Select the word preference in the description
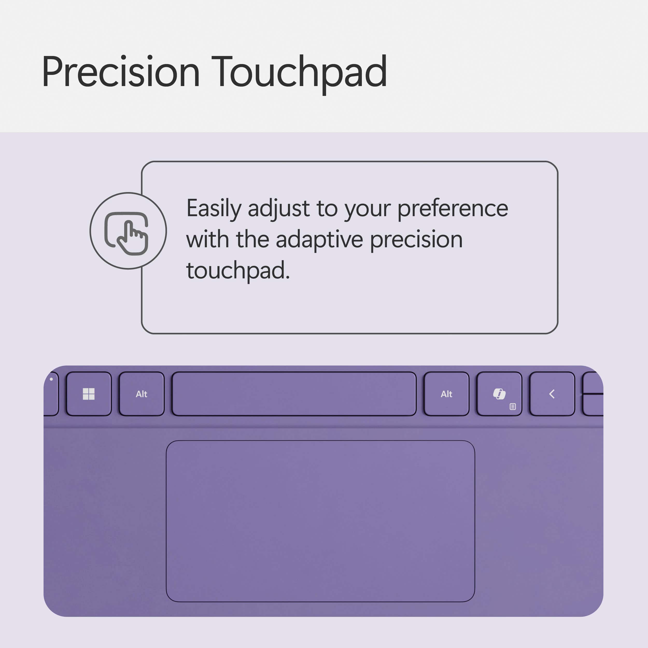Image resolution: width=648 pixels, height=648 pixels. [453, 209]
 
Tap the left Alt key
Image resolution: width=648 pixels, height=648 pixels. [142, 394]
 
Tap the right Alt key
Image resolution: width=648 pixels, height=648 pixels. [446, 394]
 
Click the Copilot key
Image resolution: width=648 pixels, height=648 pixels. [499, 394]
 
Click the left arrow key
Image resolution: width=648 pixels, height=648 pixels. [552, 394]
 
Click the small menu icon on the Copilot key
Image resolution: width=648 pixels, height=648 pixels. [512, 406]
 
